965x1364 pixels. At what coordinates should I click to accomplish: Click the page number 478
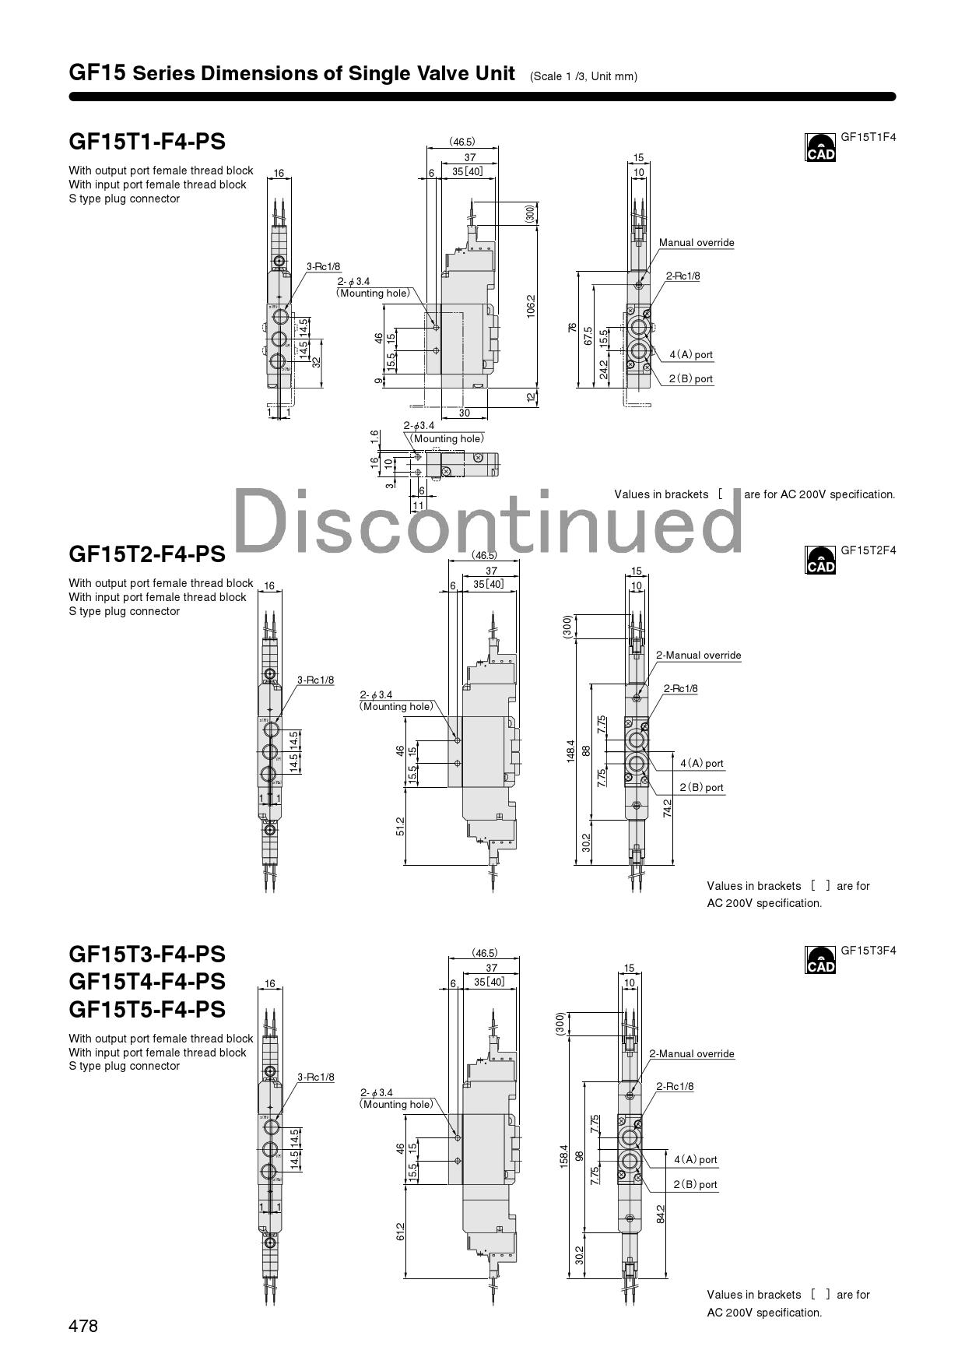pyautogui.click(x=83, y=1326)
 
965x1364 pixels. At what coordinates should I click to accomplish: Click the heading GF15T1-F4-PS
pyautogui.click(x=147, y=142)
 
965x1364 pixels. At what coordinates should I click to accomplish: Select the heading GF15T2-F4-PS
pyautogui.click(x=147, y=554)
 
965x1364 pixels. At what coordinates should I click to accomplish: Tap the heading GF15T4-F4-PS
pyautogui.click(x=147, y=981)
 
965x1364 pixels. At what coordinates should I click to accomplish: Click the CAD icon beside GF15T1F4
pyautogui.click(x=819, y=147)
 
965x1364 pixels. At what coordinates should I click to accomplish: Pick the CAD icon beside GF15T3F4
pyautogui.click(x=819, y=960)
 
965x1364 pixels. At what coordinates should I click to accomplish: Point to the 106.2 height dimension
pyautogui.click(x=532, y=305)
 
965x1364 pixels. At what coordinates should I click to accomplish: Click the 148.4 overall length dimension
pyautogui.click(x=571, y=751)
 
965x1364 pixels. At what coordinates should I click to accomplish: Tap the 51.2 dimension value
pyautogui.click(x=400, y=826)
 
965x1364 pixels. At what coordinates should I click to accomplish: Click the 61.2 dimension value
pyautogui.click(x=400, y=1232)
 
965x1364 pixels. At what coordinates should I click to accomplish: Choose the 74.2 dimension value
pyautogui.click(x=668, y=808)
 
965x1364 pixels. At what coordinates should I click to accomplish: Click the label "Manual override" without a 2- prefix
pyautogui.click(x=697, y=243)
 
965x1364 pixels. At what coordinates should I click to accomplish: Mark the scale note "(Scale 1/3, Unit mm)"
pyautogui.click(x=584, y=76)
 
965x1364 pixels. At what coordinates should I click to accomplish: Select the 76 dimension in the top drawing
pyautogui.click(x=572, y=328)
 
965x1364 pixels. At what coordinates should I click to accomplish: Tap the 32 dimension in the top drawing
pyautogui.click(x=317, y=362)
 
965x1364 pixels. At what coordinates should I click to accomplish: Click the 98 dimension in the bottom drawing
pyautogui.click(x=578, y=1155)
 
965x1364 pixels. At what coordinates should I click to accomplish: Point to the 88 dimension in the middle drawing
pyautogui.click(x=586, y=751)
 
